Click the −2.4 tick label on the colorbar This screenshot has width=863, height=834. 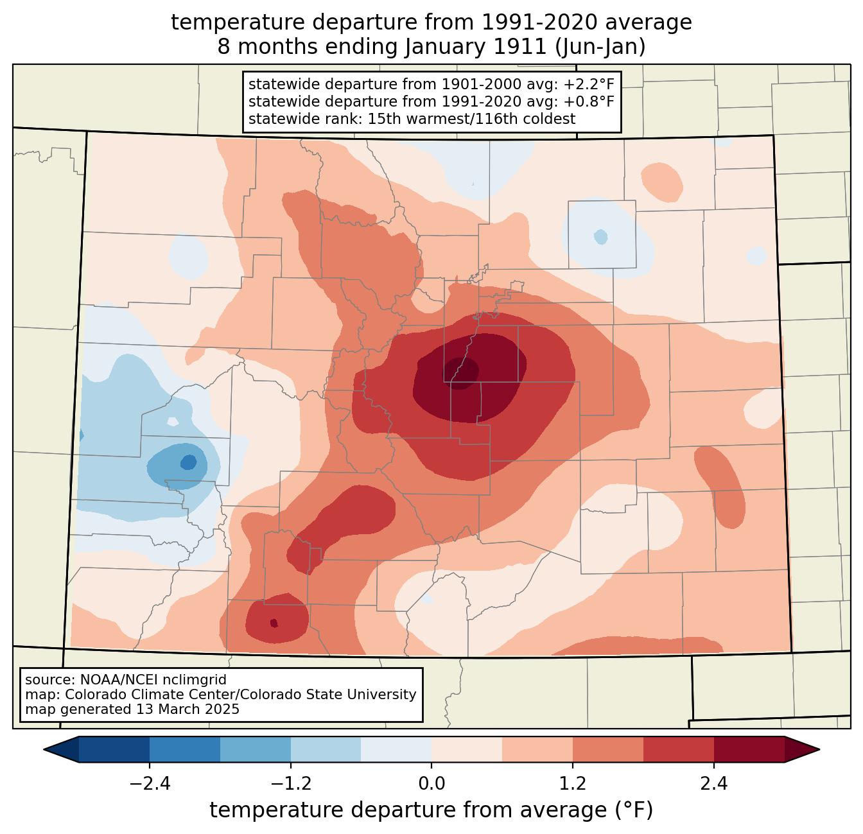click(x=150, y=784)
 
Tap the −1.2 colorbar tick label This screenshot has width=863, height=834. click(x=291, y=784)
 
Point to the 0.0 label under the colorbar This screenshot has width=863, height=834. click(x=431, y=784)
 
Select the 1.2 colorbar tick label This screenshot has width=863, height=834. click(x=573, y=784)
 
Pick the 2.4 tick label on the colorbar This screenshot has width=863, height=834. click(x=714, y=784)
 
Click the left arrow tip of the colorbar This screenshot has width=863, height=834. click(x=44, y=750)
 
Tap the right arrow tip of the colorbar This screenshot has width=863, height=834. click(x=819, y=750)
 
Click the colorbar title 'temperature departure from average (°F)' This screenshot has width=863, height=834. click(x=431, y=810)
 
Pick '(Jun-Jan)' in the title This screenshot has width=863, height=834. click(x=600, y=47)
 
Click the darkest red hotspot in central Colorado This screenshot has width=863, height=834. click(x=461, y=372)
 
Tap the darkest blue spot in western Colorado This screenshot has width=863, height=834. click(x=189, y=462)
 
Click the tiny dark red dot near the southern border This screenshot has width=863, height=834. click(x=274, y=623)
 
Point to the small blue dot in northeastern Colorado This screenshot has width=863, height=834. click(x=600, y=237)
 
